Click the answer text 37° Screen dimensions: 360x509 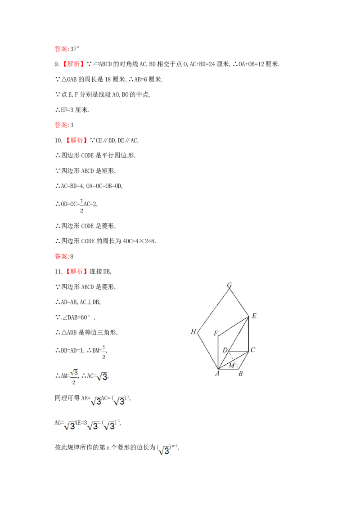[x=75, y=49]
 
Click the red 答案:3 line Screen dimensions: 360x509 [x=64, y=125]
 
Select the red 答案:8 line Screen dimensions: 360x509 [x=64, y=256]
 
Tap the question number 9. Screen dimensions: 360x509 [x=57, y=64]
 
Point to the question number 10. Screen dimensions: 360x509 [x=58, y=141]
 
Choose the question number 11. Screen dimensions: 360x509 [x=58, y=272]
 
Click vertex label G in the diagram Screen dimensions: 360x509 [x=229, y=286]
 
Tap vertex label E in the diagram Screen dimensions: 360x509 [x=254, y=316]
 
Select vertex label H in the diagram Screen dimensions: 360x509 [x=193, y=332]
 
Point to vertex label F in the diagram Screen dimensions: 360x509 [x=216, y=333]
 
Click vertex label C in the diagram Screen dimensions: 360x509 [x=253, y=350]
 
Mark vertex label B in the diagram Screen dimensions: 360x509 [x=240, y=374]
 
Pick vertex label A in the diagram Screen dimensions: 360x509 [x=217, y=374]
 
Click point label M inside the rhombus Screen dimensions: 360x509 [x=232, y=366]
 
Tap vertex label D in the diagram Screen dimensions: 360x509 [x=225, y=350]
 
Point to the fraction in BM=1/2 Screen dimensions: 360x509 [x=103, y=352]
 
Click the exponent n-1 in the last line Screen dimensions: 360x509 [x=175, y=446]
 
